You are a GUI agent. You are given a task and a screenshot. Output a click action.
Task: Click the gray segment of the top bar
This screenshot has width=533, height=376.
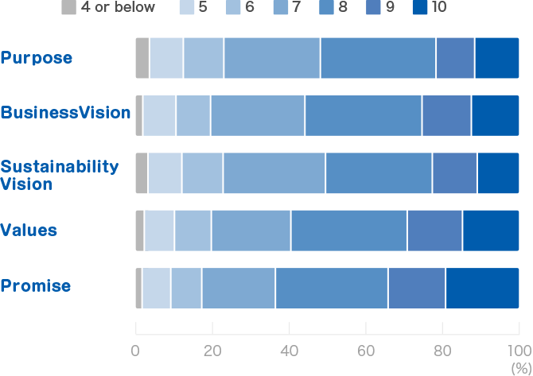(142, 58)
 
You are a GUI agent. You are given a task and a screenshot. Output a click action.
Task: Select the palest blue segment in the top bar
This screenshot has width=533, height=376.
(165, 58)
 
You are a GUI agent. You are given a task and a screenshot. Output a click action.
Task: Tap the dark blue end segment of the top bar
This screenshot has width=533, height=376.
(504, 58)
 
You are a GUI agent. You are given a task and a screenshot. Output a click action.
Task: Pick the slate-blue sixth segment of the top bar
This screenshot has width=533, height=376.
(455, 58)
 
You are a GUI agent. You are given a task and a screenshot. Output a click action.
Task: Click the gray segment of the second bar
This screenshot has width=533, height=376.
(139, 115)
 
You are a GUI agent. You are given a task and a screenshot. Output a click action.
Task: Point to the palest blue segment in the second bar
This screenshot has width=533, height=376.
(159, 115)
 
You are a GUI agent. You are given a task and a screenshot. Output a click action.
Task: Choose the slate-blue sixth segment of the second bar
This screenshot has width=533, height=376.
(446, 115)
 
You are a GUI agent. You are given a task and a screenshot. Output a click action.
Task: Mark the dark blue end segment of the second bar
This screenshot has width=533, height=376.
(502, 115)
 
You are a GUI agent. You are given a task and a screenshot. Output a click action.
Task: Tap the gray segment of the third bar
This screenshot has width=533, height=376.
(141, 172)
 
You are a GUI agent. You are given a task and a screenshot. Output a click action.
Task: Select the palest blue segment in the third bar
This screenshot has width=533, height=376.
(165, 172)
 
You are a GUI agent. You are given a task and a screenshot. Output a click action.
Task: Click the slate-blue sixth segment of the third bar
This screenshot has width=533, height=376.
(455, 172)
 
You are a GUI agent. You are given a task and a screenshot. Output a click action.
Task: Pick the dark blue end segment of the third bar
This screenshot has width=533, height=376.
(505, 172)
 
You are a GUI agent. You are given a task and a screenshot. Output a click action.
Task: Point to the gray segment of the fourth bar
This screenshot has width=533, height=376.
(139, 230)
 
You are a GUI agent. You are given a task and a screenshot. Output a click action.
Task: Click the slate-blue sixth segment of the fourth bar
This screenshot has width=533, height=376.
(434, 230)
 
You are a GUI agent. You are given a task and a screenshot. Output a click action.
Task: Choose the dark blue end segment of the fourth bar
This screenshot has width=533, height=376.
(498, 230)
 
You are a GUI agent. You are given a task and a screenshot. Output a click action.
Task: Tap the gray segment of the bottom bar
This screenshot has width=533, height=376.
(138, 288)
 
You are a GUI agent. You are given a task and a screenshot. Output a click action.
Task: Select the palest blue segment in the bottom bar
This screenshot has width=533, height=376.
(157, 288)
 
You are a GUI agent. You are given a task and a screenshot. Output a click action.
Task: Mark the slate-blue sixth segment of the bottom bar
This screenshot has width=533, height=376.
(417, 288)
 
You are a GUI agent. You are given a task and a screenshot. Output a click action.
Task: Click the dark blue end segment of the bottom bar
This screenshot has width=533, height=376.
(489, 288)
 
